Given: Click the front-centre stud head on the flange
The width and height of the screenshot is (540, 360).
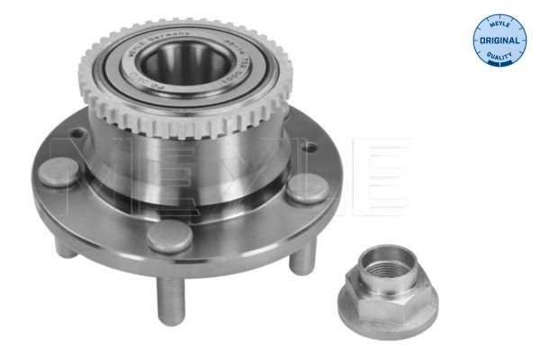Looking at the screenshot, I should pos(169,237).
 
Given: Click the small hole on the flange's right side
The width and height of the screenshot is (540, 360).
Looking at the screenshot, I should pos(307,147).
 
